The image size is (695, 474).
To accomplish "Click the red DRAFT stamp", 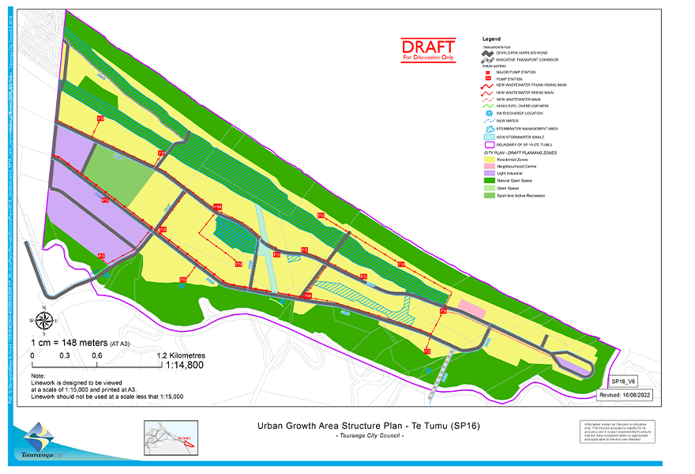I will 428,49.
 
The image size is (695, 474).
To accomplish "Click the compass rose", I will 45,321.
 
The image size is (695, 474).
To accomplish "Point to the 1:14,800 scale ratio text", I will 185,365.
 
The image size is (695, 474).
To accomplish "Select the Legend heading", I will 491,39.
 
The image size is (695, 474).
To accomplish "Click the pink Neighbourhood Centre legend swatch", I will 488,166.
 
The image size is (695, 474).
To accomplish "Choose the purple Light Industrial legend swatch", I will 488,173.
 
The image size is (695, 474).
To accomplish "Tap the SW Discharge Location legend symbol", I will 488,113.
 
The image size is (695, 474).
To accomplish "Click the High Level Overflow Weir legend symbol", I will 488,106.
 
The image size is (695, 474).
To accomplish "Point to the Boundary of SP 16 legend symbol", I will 488,144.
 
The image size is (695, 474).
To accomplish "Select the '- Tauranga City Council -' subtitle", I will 370,436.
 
